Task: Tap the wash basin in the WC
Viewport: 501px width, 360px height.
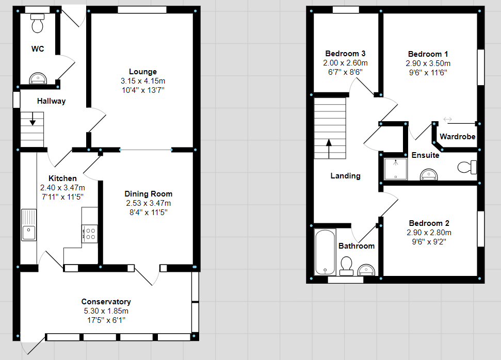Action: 38,78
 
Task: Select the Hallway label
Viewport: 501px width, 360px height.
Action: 51,101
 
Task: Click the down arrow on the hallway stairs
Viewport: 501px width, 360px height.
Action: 33,119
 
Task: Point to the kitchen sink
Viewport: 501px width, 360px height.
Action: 29,225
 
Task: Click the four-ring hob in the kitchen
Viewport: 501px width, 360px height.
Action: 89,234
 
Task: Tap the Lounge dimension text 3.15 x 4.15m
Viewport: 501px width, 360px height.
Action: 143,81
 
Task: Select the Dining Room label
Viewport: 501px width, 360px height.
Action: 148,194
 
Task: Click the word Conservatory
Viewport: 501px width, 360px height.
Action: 106,302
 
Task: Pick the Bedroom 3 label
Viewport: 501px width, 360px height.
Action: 345,54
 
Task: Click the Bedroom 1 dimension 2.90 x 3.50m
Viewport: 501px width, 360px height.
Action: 428,63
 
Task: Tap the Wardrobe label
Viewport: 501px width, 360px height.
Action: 458,137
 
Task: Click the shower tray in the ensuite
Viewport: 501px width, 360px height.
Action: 396,169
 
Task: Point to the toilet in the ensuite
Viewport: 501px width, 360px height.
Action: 467,167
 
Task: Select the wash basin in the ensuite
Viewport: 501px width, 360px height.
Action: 428,174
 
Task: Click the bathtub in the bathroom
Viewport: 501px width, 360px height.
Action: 325,252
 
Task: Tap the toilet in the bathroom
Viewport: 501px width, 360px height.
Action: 346,266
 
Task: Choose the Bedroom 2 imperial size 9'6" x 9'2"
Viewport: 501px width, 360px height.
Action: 429,242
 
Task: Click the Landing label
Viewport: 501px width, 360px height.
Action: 345,176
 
